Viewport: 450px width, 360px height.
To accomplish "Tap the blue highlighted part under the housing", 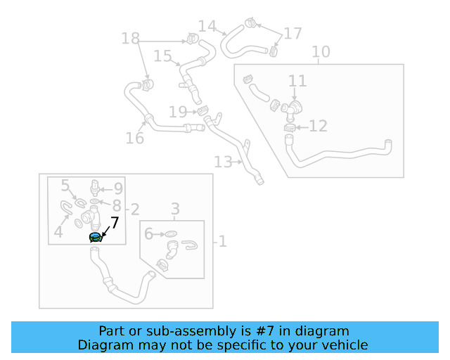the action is click(x=96, y=238).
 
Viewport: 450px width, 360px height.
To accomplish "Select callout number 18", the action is click(x=131, y=38).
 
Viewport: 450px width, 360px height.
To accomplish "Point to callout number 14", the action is click(x=207, y=26).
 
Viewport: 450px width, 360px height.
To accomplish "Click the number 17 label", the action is click(x=292, y=33).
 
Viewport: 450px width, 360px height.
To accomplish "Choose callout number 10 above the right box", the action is click(x=321, y=51).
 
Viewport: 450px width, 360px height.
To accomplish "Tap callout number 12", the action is click(x=318, y=126).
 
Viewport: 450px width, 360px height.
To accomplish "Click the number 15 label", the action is click(x=162, y=56).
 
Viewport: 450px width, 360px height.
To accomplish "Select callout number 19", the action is click(x=178, y=111).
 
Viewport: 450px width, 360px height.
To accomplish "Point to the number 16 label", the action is click(x=135, y=138).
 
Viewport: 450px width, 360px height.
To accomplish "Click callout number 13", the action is click(x=223, y=162).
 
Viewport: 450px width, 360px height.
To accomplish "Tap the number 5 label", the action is click(x=65, y=186).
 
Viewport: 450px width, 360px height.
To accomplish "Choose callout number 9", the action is click(x=118, y=188).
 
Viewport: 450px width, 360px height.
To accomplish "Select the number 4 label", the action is click(x=59, y=231).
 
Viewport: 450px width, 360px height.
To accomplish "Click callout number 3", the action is click(x=176, y=209).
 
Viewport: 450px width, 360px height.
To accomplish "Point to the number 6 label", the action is click(x=148, y=233).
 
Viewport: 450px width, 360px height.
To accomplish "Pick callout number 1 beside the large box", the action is click(x=222, y=242).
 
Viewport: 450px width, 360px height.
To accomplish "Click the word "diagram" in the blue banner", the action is click(x=324, y=331).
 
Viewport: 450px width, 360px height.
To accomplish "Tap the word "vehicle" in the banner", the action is click(x=345, y=345).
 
